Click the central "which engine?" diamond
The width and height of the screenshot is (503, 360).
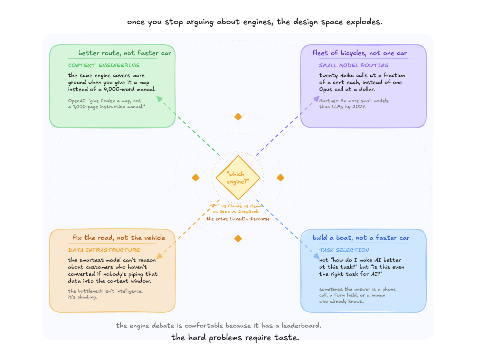coord(238,178)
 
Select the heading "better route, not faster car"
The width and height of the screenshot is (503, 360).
coord(124,53)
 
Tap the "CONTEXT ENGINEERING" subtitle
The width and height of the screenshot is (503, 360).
coord(104,65)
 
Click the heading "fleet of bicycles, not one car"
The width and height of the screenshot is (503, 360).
coord(359,53)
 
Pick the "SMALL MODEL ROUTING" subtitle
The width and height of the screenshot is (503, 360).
coord(353,65)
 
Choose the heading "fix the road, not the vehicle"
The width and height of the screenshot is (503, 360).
coord(119,238)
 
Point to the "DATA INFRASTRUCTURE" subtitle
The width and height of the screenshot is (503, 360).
coord(104,250)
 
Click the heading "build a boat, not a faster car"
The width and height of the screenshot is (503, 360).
coord(361,238)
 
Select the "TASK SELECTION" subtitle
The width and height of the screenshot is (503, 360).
coord(344,250)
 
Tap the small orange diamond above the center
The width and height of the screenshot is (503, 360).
coord(238,117)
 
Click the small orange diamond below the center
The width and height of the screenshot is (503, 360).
coord(238,238)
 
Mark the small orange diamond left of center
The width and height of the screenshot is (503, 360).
coord(196,178)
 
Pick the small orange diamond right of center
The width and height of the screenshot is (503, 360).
coord(281,178)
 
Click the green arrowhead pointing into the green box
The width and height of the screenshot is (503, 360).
coord(159,99)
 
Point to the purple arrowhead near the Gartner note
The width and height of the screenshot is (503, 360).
coord(316,99)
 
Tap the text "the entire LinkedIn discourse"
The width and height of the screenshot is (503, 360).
coord(238,219)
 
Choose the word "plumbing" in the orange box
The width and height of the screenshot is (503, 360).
coord(87,297)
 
